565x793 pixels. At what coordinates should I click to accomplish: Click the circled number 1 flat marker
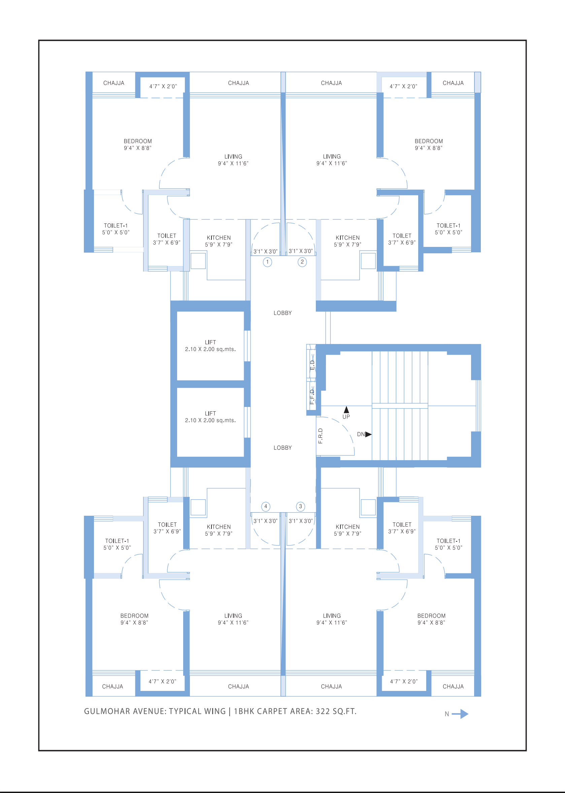pyautogui.click(x=267, y=262)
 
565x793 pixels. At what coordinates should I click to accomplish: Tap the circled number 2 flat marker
pyautogui.click(x=302, y=262)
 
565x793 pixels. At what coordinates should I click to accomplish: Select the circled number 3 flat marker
pyautogui.click(x=301, y=507)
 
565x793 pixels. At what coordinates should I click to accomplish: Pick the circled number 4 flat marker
pyautogui.click(x=266, y=507)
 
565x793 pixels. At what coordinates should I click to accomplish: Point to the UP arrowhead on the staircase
pyautogui.click(x=346, y=409)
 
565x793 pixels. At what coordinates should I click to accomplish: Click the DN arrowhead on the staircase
pyautogui.click(x=368, y=435)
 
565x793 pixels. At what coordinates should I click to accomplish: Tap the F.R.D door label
pyautogui.click(x=321, y=436)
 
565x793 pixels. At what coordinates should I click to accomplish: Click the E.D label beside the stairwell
pyautogui.click(x=312, y=365)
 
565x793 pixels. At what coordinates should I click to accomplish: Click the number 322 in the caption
pyautogui.click(x=323, y=711)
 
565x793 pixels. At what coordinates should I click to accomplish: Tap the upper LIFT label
pyautogui.click(x=210, y=342)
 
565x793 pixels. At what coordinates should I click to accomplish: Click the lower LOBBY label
pyautogui.click(x=282, y=448)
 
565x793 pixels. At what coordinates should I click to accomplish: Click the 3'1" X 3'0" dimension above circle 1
pyautogui.click(x=265, y=251)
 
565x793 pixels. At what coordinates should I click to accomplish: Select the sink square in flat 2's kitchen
pyautogui.click(x=368, y=261)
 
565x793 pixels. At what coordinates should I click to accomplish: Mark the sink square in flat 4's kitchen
pyautogui.click(x=198, y=507)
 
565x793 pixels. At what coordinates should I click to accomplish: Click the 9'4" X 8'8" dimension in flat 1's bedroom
pyautogui.click(x=138, y=148)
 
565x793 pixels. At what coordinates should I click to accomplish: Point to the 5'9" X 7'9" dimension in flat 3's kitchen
pyautogui.click(x=347, y=534)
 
